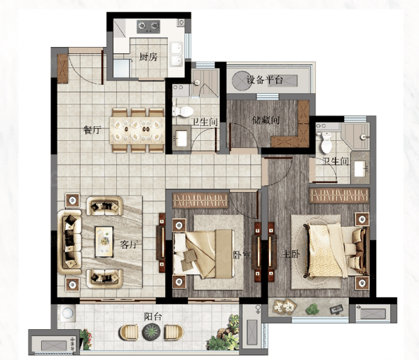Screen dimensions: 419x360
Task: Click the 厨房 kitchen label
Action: (149, 57)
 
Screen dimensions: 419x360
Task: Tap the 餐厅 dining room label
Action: (92, 130)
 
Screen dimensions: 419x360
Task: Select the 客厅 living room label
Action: (129, 244)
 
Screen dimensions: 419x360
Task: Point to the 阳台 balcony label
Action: (153, 317)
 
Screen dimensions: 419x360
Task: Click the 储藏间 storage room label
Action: (266, 120)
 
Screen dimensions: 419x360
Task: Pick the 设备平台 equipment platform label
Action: (265, 80)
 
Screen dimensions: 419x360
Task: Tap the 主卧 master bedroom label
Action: (291, 254)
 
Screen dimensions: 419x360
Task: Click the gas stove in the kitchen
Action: (149, 27)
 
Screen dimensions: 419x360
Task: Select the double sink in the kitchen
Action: (177, 55)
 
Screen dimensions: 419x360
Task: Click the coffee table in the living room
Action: (104, 242)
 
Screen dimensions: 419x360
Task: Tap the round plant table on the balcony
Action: (151, 332)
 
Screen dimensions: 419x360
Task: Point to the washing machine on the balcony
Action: (67, 313)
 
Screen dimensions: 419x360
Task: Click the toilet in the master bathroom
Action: (326, 142)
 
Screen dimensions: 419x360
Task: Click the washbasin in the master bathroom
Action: (361, 169)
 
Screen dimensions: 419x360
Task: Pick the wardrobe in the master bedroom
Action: (339, 195)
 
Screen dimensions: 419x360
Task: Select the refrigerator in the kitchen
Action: (122, 68)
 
